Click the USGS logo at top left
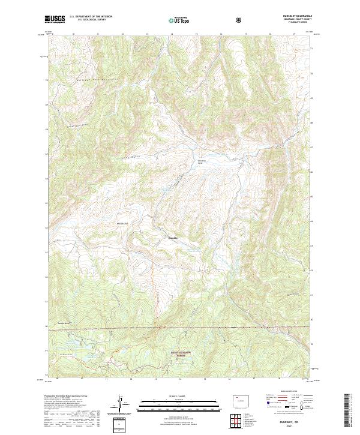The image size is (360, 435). pos(55,20)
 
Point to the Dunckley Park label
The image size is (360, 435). pos(202,162)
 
